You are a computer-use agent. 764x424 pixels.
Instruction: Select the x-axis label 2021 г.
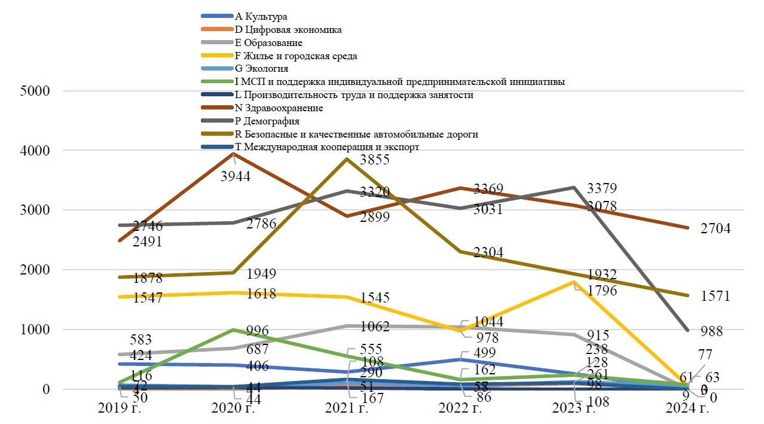click(x=347, y=409)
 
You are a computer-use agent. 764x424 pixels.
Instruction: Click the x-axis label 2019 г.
click(x=119, y=409)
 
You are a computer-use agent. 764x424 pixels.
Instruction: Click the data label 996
click(x=257, y=331)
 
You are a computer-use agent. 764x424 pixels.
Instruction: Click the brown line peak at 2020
click(x=233, y=154)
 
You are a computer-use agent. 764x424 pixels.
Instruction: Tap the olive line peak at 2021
click(x=347, y=159)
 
